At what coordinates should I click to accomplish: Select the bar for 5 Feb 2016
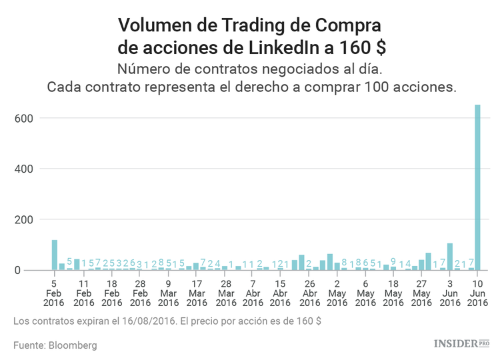[x=55, y=255]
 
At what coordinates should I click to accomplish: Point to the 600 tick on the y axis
[x=23, y=118]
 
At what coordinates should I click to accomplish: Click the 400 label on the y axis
[x=23, y=169]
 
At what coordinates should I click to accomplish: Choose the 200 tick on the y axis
[x=23, y=219]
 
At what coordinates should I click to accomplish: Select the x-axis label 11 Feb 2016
[x=83, y=293]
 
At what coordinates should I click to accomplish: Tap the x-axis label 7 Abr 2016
[x=252, y=293]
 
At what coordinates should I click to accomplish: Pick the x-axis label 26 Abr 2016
[x=309, y=293]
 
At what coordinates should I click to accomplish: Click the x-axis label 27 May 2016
[x=421, y=293]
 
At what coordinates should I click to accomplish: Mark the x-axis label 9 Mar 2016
[x=168, y=293]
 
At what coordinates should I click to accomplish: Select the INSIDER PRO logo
[x=461, y=344]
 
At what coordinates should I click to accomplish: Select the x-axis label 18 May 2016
[x=393, y=293]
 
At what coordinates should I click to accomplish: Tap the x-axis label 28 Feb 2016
[x=140, y=293]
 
